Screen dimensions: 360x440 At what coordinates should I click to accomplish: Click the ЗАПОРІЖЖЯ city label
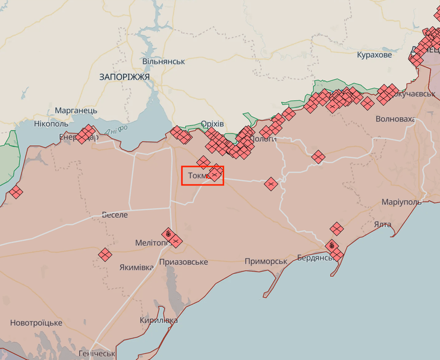[125, 77]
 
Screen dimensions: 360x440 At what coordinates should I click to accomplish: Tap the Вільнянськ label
[164, 61]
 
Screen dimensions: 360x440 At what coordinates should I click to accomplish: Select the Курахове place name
[375, 55]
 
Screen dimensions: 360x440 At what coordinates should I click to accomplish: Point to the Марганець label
[76, 111]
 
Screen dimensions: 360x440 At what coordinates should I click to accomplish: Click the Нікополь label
[51, 124]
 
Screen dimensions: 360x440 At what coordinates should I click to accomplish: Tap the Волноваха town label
[395, 119]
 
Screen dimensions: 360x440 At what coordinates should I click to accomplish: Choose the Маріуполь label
[401, 202]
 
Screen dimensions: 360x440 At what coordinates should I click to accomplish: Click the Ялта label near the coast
[383, 224]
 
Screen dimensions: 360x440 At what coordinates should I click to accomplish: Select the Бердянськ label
[317, 258]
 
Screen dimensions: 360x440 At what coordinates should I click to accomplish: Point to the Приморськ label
[266, 261]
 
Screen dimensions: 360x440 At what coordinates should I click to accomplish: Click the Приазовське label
[184, 262]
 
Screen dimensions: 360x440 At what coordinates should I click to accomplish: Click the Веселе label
[115, 215]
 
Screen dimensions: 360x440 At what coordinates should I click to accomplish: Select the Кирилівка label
[158, 320]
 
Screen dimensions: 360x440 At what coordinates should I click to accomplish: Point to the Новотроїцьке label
[36, 323]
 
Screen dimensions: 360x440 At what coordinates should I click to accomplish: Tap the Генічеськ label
[96, 353]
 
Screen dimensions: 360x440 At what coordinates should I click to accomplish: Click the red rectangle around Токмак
[202, 175]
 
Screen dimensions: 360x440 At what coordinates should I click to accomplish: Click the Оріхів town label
[212, 124]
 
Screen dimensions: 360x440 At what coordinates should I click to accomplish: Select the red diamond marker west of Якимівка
[105, 255]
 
